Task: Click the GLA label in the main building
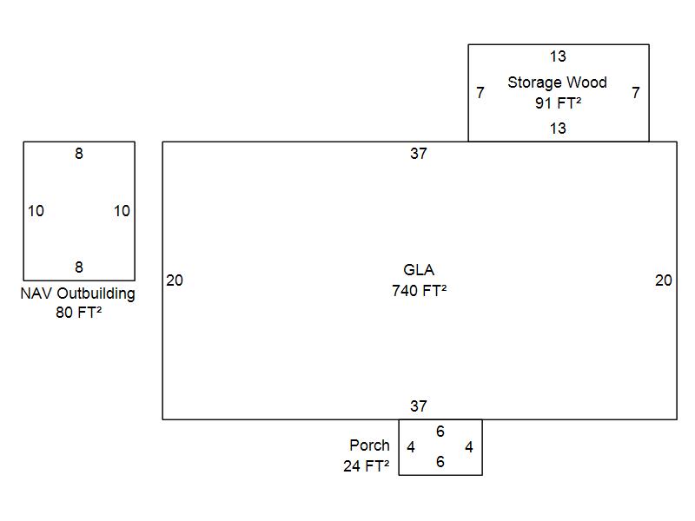419,270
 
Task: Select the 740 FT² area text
419,291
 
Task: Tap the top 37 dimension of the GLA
419,154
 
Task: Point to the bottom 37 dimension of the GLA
419,406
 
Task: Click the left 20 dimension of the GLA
175,280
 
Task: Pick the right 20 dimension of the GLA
664,280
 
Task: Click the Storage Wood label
557,82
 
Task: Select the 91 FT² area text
558,102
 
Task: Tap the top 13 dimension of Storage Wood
558,56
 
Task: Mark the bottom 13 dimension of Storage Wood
558,129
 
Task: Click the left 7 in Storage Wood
480,92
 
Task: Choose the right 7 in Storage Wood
636,92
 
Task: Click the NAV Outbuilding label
78,293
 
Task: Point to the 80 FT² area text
78,313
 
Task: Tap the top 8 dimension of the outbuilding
79,154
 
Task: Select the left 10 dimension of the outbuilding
36,211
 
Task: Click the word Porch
369,445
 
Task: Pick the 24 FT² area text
366,465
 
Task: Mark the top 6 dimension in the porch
440,432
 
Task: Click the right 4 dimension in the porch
469,447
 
